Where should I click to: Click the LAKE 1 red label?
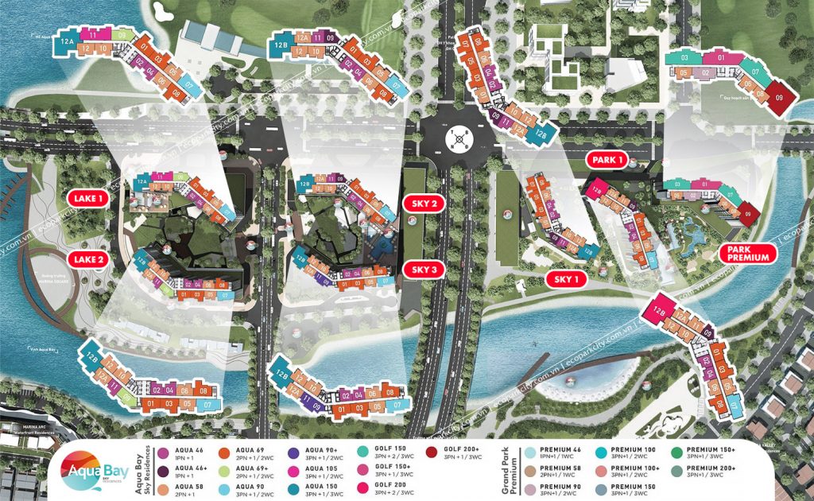tap(86, 199)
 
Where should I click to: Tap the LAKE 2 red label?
tap(86, 258)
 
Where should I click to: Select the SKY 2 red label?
tap(424, 203)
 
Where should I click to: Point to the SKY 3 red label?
tap(424, 270)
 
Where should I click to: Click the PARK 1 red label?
tap(608, 161)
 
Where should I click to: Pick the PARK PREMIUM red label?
tap(748, 252)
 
